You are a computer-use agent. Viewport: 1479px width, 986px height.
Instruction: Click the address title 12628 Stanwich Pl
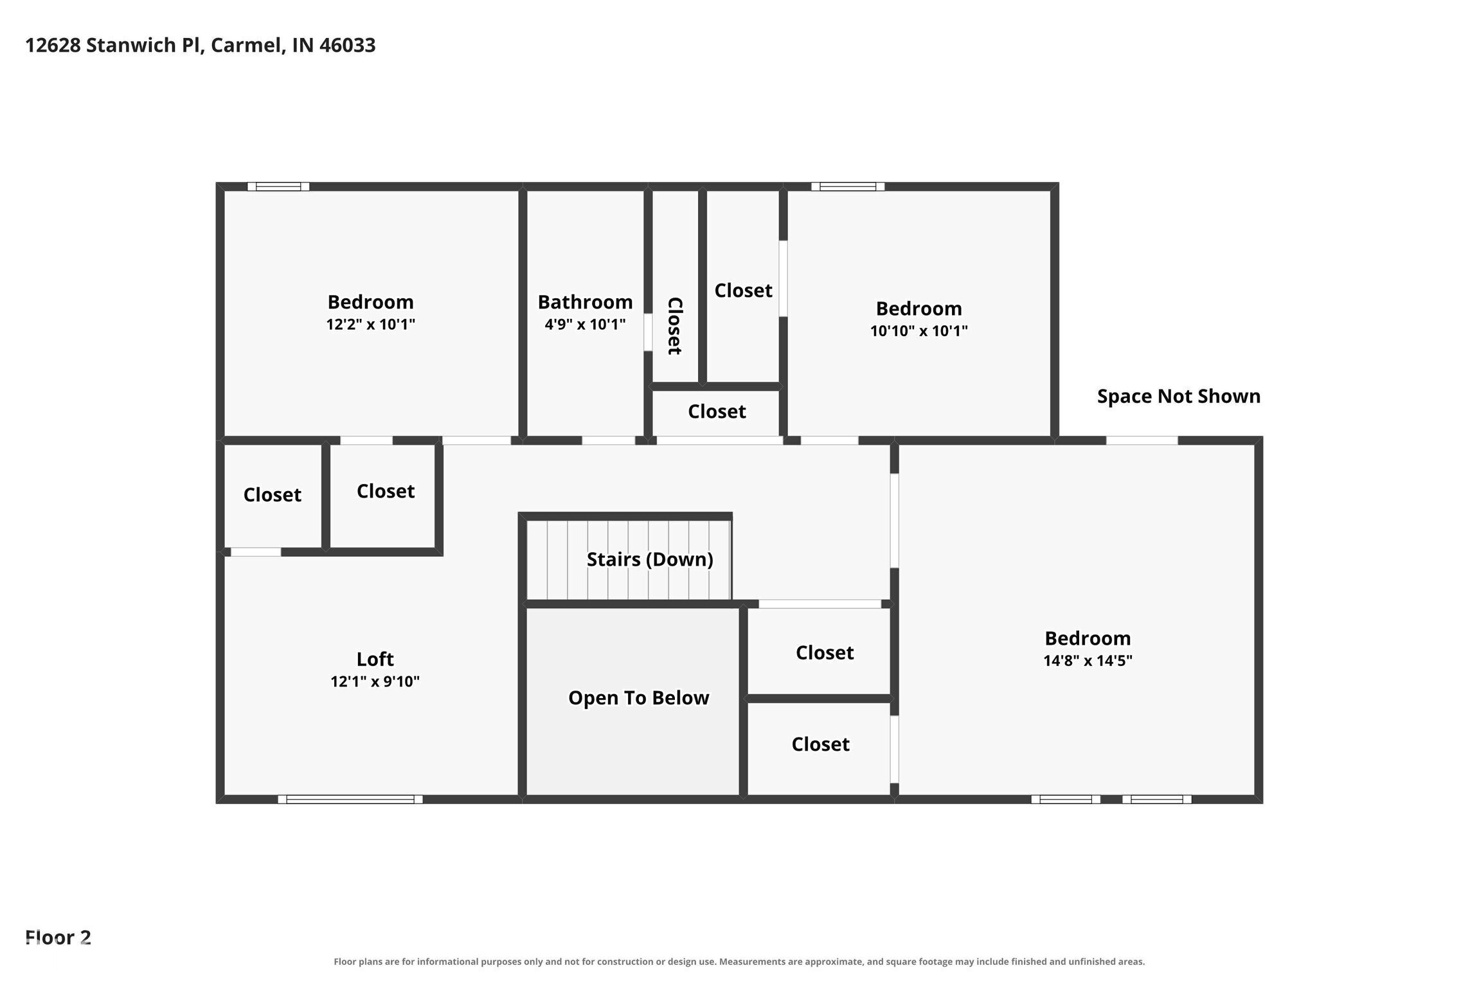tap(114, 45)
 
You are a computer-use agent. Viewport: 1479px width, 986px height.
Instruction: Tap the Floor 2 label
tap(58, 937)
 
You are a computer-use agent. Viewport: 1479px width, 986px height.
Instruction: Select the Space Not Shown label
tap(1178, 396)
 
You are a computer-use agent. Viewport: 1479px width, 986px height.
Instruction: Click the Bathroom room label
tap(585, 301)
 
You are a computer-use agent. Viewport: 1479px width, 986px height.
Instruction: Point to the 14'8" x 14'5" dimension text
tap(1088, 660)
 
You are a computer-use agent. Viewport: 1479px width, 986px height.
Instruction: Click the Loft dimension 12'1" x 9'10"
tap(375, 681)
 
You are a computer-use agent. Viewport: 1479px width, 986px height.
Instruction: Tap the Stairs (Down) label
tap(650, 559)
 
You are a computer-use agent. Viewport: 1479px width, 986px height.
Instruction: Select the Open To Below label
tap(638, 697)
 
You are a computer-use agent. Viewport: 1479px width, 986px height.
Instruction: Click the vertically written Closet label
tap(674, 325)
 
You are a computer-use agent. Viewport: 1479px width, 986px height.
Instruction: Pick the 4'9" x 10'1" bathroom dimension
tap(585, 324)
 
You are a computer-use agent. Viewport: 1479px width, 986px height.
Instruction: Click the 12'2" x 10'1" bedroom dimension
tap(370, 323)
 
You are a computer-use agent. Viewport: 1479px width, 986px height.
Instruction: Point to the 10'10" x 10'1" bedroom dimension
tap(919, 330)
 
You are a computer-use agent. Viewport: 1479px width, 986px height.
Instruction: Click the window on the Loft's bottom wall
tap(350, 799)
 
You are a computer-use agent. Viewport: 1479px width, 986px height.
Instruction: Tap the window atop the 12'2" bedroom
tap(278, 186)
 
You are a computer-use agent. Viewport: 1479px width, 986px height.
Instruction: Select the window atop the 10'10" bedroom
tap(848, 186)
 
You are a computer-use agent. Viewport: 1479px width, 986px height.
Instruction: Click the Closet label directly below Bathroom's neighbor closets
tap(717, 411)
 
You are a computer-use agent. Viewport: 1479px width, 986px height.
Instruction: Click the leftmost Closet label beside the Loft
tap(272, 494)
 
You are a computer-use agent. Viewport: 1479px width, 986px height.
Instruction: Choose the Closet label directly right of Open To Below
tap(825, 652)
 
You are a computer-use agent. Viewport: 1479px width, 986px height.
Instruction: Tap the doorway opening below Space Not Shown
tap(1142, 440)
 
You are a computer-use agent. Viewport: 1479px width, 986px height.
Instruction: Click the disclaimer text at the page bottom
tap(739, 962)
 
